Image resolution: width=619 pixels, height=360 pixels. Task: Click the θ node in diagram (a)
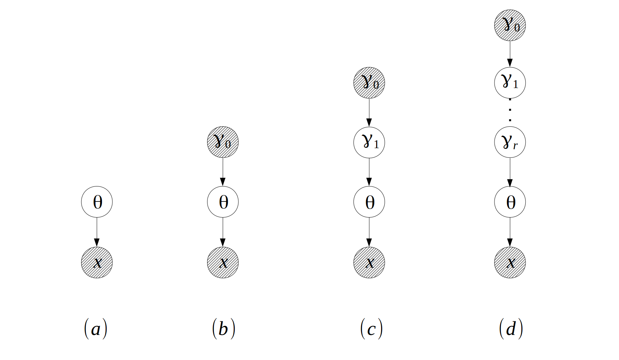pyautogui.click(x=97, y=202)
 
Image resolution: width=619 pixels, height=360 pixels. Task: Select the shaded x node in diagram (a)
pyautogui.click(x=97, y=262)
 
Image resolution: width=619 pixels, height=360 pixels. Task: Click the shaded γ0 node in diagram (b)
pyautogui.click(x=223, y=142)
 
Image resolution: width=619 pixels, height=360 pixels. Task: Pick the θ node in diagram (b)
pyautogui.click(x=223, y=202)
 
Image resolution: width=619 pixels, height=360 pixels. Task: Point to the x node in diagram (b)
pyautogui.click(x=223, y=262)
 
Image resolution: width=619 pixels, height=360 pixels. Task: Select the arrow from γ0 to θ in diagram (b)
pyautogui.click(x=223, y=172)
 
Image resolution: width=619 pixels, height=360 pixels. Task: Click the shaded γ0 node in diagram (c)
pyautogui.click(x=369, y=83)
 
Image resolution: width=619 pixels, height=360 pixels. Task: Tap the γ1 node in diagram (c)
pyautogui.click(x=369, y=142)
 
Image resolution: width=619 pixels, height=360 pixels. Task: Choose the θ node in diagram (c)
pyautogui.click(x=369, y=202)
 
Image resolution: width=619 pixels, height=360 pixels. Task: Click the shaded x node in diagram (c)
pyautogui.click(x=369, y=262)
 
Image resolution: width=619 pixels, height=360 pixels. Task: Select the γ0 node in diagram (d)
pyautogui.click(x=510, y=25)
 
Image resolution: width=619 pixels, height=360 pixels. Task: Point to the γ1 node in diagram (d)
pyautogui.click(x=510, y=83)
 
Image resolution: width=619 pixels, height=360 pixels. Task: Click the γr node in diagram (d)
pyautogui.click(x=510, y=142)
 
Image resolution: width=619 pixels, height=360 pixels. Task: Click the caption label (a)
pyautogui.click(x=96, y=329)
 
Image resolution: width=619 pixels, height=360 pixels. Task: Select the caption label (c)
pyautogui.click(x=371, y=329)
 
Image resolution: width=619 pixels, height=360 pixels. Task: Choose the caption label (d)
pyautogui.click(x=511, y=329)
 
